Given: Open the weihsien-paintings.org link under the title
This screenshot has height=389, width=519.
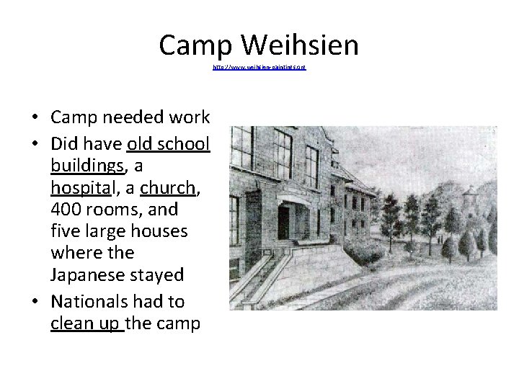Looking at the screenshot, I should pyautogui.click(x=259, y=68).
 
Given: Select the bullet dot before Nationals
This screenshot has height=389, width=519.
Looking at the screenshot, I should pyautogui.click(x=35, y=301).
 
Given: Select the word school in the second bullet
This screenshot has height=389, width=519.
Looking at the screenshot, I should pyautogui.click(x=183, y=143).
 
